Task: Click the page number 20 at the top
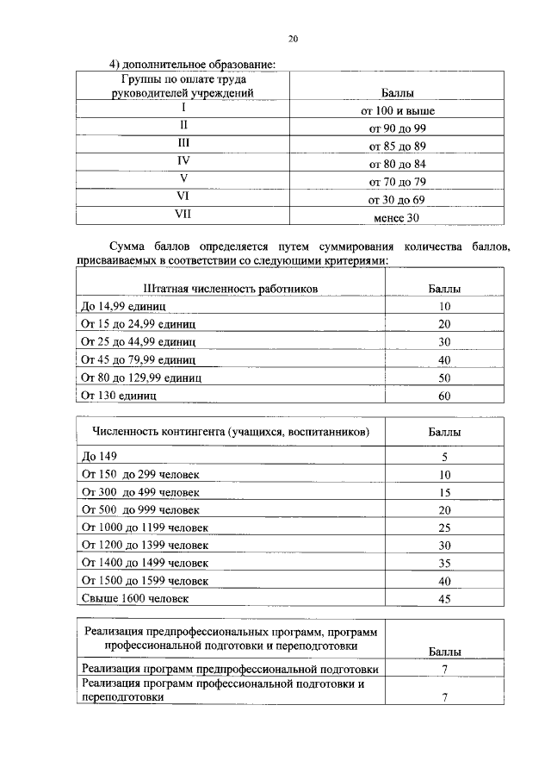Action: (x=292, y=38)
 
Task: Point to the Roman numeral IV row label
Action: (x=183, y=160)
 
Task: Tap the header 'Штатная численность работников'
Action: (x=231, y=289)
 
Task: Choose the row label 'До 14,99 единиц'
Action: (x=123, y=306)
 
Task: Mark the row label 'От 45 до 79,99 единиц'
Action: (x=139, y=359)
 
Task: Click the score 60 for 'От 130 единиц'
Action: (x=444, y=396)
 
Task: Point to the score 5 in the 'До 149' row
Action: (x=444, y=458)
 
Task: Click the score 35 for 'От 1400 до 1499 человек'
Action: (x=444, y=564)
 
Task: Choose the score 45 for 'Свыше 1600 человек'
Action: (x=444, y=599)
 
